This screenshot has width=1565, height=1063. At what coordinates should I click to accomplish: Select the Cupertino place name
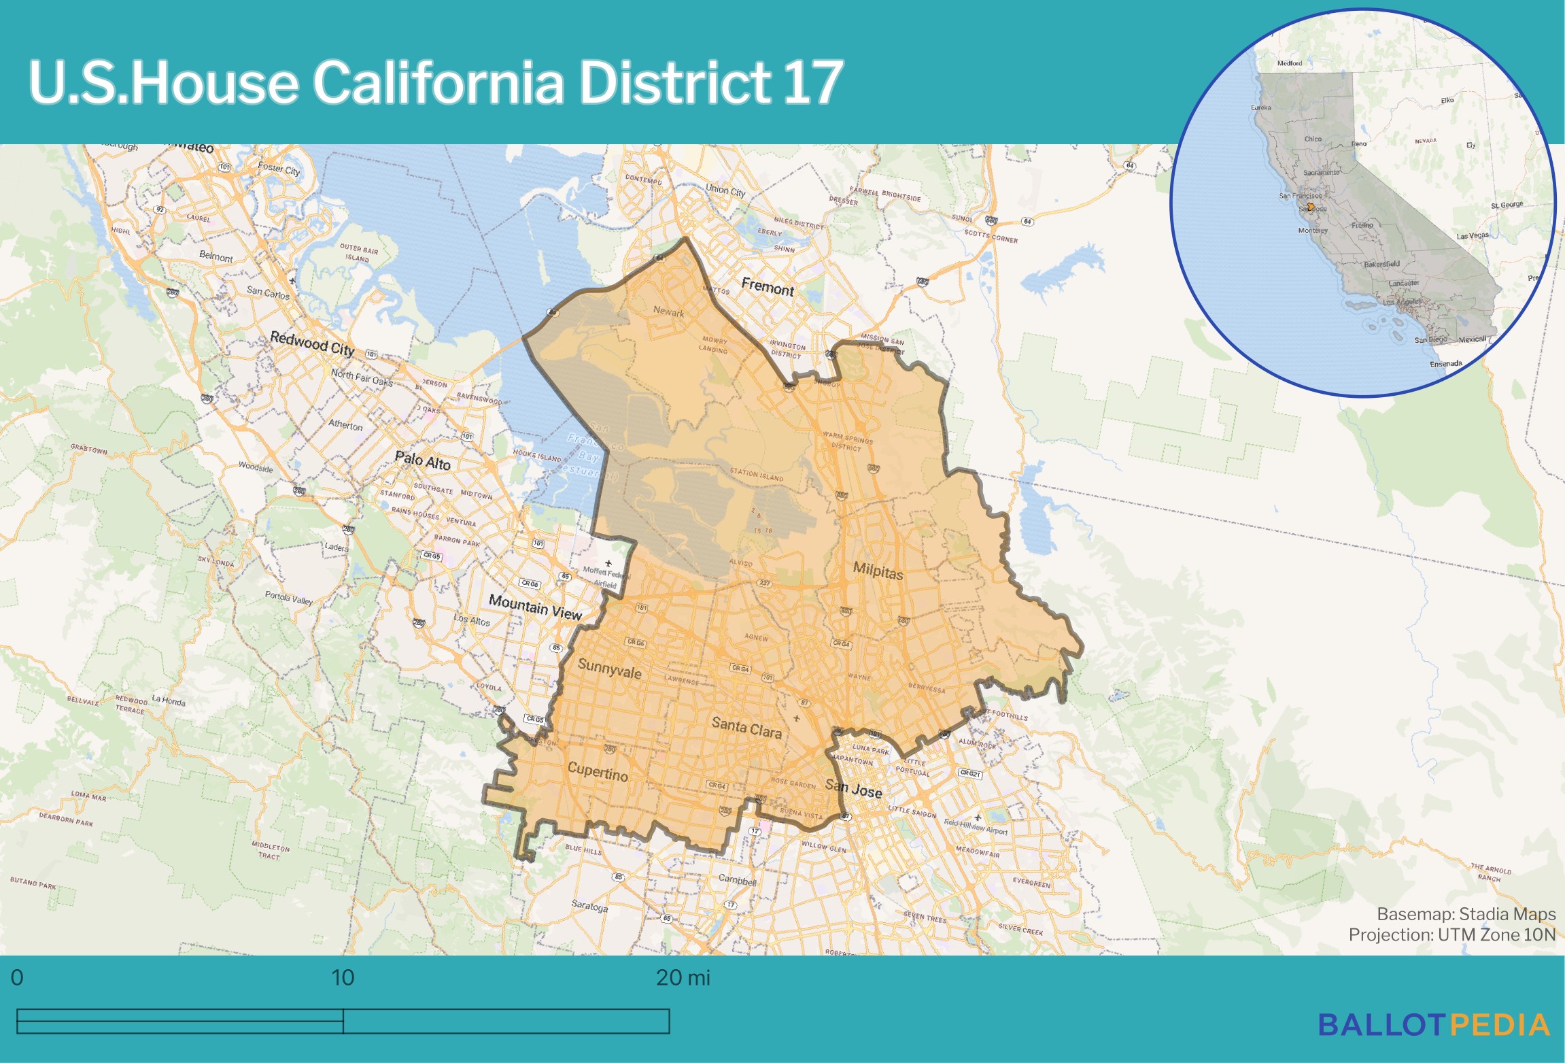point(598,771)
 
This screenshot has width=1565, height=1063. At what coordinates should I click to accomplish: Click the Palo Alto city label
point(422,460)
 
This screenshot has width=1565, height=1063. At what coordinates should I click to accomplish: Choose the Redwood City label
point(312,343)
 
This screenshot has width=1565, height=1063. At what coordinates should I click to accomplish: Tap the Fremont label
point(767,287)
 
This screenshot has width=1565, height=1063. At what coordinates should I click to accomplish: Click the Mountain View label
point(535,607)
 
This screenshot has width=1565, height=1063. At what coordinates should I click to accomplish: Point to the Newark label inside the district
point(668,312)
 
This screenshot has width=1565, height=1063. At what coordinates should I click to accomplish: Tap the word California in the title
point(438,82)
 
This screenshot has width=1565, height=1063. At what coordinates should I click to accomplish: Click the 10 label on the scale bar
point(343,978)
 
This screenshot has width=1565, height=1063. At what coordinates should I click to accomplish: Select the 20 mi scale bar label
point(683,978)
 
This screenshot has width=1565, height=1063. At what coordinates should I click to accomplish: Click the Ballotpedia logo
point(1434,1025)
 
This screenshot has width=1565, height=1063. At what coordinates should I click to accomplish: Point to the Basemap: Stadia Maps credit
point(1466,913)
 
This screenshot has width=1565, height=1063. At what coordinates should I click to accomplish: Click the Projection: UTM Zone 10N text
point(1451,934)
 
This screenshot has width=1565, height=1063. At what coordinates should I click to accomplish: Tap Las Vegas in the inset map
point(1472,236)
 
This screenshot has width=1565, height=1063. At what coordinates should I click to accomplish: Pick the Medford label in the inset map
point(1289,63)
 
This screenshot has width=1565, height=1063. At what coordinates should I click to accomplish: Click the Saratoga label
point(589,906)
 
